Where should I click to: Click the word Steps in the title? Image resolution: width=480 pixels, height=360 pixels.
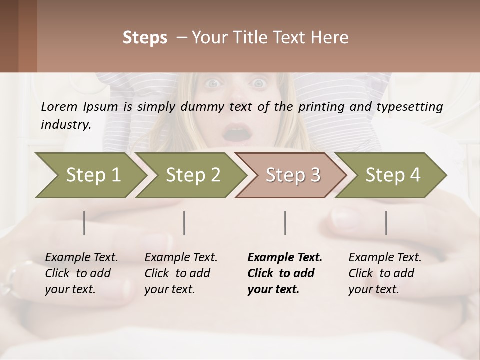[145, 38]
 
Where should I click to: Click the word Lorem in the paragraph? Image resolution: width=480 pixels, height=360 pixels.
[59, 106]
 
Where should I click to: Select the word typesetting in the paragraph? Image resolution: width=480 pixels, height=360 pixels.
[413, 106]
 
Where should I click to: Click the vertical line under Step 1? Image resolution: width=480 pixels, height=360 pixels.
[84, 223]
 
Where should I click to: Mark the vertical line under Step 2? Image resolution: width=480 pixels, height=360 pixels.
[184, 223]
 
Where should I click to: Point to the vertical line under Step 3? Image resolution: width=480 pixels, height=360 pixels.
[285, 223]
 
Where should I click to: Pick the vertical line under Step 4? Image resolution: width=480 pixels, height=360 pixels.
[386, 223]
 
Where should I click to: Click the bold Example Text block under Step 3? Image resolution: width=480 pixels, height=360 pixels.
[285, 273]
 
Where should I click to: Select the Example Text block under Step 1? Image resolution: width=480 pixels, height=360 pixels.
[81, 273]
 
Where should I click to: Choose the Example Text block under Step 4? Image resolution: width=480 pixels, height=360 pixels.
[385, 273]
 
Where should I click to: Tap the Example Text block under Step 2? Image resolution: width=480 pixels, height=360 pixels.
[181, 273]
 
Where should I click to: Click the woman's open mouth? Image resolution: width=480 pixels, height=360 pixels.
[237, 133]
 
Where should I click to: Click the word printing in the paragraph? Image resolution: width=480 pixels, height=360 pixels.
[317, 106]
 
